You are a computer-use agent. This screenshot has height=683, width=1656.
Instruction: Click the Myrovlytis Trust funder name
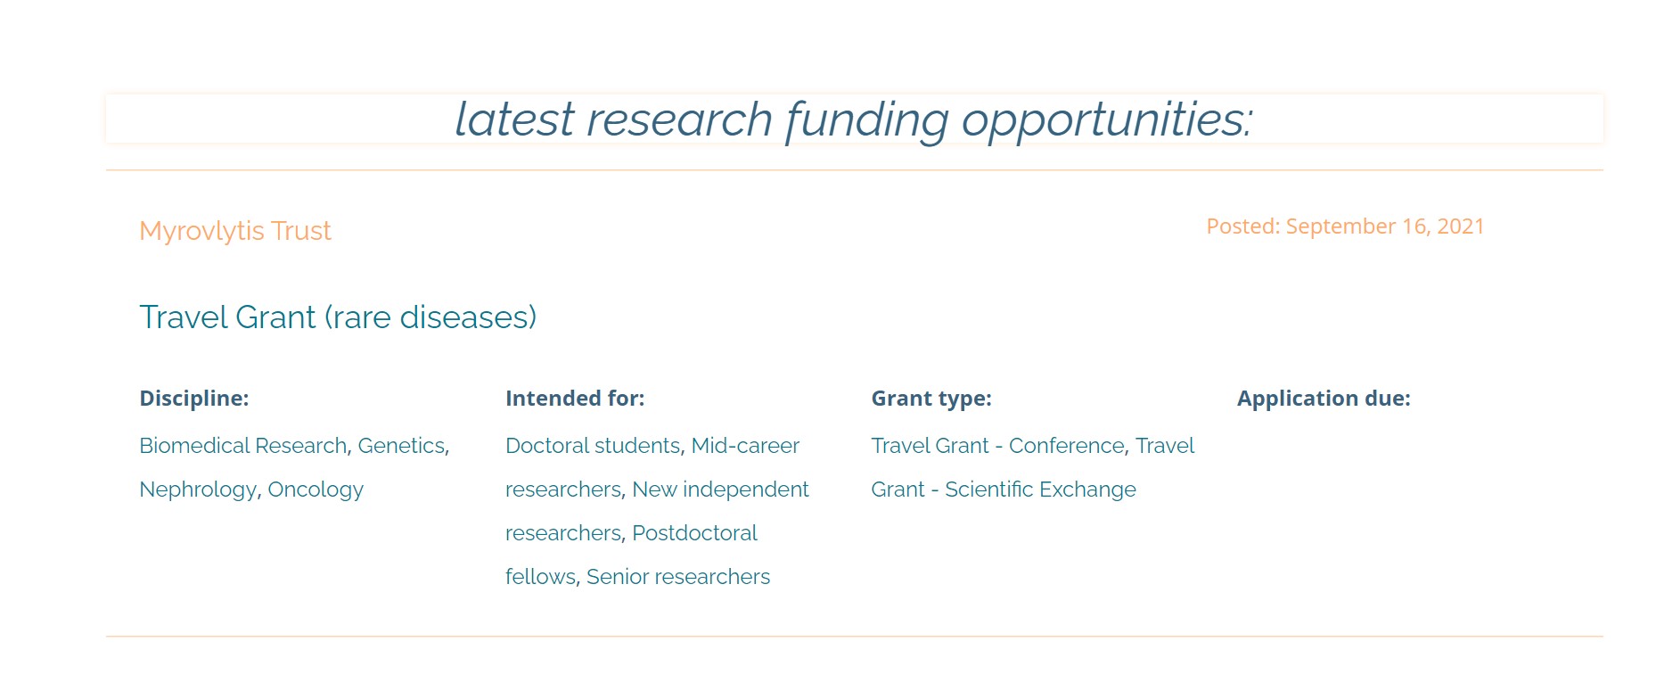(x=235, y=231)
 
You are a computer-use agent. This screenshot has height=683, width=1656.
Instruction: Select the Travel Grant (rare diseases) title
(x=338, y=317)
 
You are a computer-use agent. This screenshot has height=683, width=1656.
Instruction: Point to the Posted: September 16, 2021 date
(x=1345, y=226)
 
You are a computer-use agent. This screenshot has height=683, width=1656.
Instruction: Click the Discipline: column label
(x=194, y=399)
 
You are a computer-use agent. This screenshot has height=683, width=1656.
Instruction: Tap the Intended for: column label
(x=575, y=399)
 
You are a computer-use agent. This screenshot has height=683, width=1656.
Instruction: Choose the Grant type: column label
(x=931, y=399)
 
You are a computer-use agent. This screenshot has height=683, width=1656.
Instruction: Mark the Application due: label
(x=1324, y=399)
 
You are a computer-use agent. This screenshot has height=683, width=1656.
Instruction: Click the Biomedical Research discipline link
(x=243, y=446)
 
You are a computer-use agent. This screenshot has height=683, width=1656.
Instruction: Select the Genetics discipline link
(x=401, y=446)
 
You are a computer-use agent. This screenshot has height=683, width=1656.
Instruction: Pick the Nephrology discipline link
(x=198, y=490)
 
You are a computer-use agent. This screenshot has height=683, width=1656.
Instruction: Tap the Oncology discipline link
(x=316, y=490)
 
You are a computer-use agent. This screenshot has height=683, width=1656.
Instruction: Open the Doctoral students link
(x=593, y=446)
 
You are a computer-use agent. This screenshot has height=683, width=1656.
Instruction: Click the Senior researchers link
(x=678, y=577)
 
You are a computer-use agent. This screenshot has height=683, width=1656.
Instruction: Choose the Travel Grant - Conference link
(x=998, y=446)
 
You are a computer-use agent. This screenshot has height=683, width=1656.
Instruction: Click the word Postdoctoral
(x=694, y=533)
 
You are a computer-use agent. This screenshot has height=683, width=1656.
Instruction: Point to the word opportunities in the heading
(x=1106, y=120)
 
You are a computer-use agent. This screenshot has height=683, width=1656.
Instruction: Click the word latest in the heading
(x=515, y=119)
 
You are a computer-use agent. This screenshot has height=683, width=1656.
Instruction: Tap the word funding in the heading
(x=867, y=120)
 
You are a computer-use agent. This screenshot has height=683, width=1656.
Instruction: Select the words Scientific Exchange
(x=1040, y=490)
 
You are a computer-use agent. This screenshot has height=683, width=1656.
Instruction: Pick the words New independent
(x=720, y=490)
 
